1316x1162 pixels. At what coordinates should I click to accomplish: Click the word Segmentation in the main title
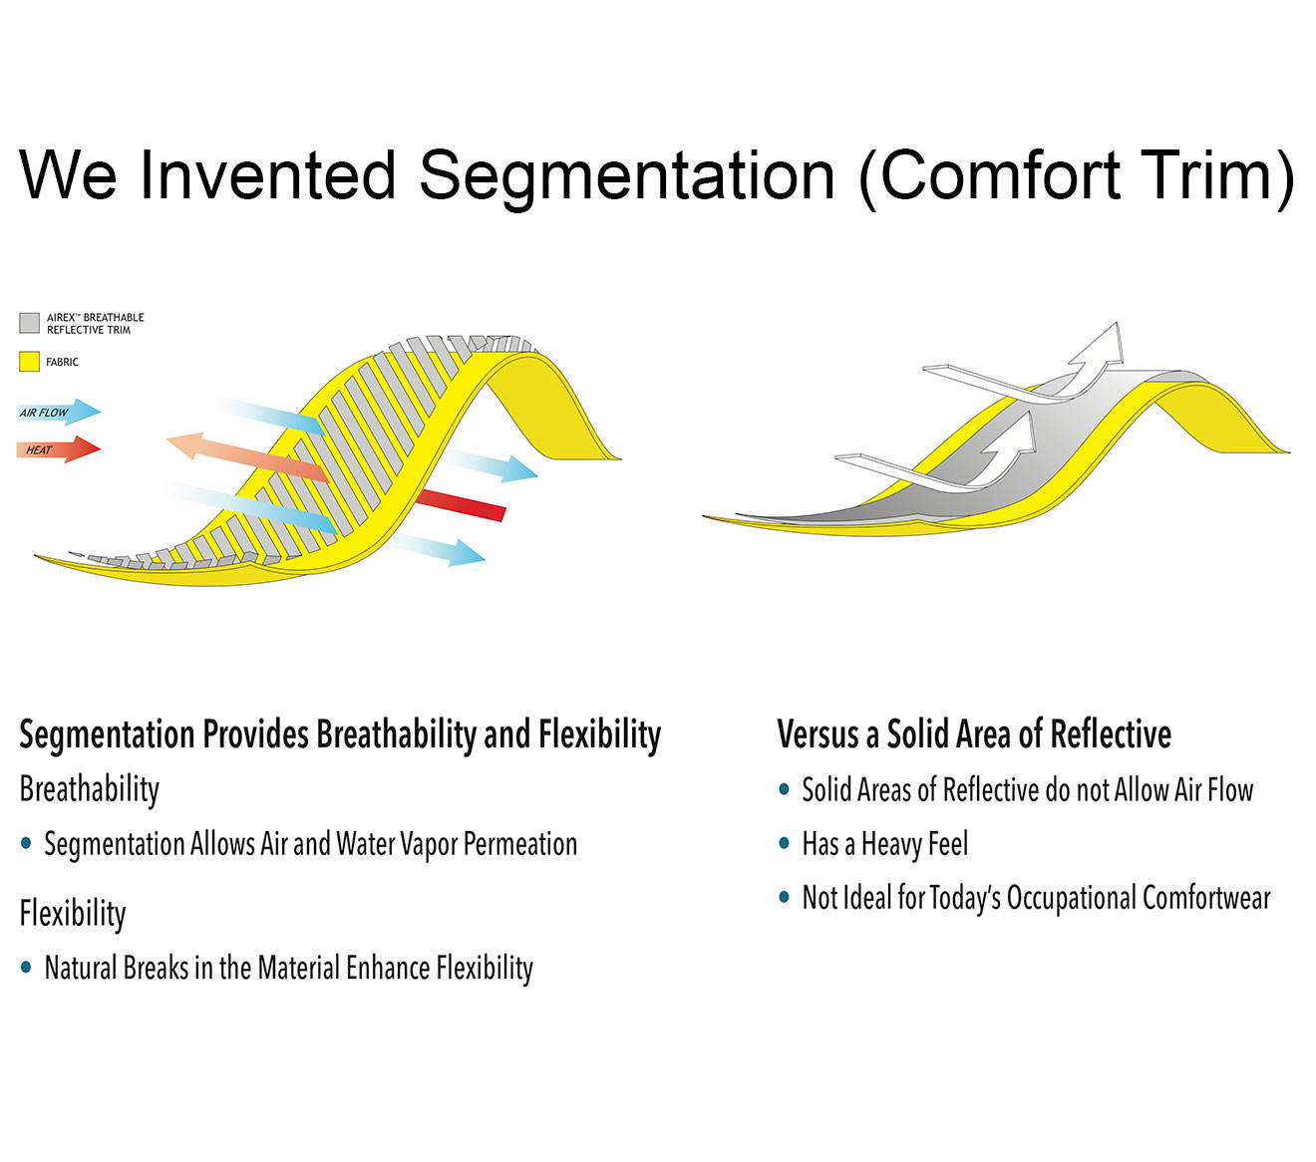[x=627, y=176]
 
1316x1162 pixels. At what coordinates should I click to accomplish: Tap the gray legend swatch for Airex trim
[x=29, y=323]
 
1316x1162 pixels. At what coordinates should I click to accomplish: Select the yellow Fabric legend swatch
[x=29, y=361]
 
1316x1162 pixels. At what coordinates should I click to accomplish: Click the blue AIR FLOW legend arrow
[x=59, y=412]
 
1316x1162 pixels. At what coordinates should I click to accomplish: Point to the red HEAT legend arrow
[x=59, y=449]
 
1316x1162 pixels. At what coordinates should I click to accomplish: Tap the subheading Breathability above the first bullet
[x=89, y=790]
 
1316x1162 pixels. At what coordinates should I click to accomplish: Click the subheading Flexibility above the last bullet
[x=73, y=913]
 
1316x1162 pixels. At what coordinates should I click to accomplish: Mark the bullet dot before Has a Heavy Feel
[x=784, y=844]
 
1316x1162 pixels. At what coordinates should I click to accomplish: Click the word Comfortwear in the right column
[x=1206, y=898]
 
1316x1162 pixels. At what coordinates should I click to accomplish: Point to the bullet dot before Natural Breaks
[x=26, y=967]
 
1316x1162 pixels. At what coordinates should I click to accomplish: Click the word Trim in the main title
[x=1216, y=175]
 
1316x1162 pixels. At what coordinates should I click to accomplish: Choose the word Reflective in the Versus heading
[x=1111, y=734]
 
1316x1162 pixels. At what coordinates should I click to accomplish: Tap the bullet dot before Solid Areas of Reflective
[x=784, y=790]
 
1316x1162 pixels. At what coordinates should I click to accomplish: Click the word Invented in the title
[x=267, y=175]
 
